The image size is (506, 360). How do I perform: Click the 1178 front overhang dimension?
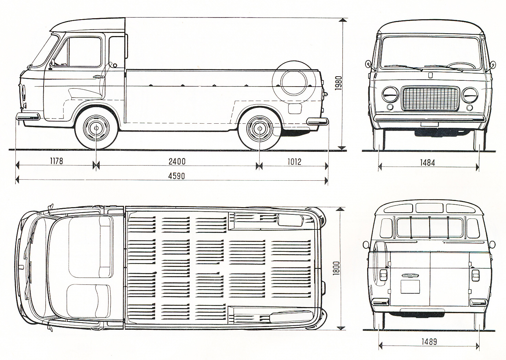pyautogui.click(x=56, y=161)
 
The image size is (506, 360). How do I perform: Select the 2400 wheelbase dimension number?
pyautogui.click(x=177, y=161)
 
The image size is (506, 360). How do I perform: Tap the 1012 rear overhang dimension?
pyautogui.click(x=294, y=161)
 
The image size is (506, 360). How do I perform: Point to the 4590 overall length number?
pyautogui.click(x=177, y=176)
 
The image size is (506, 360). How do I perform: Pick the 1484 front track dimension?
pyautogui.click(x=427, y=162)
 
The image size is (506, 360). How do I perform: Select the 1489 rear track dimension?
pyautogui.click(x=428, y=341)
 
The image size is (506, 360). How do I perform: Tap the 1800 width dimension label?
pyautogui.click(x=336, y=268)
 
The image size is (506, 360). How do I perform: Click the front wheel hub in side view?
pyautogui.click(x=95, y=128)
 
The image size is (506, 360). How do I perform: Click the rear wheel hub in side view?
pyautogui.click(x=259, y=128)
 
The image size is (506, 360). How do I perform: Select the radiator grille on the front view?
pyautogui.click(x=430, y=99)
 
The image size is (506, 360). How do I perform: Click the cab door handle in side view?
pyautogui.click(x=100, y=77)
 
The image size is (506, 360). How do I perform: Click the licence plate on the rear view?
pyautogui.click(x=410, y=286)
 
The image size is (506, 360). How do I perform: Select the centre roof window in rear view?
pyautogui.click(x=429, y=208)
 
